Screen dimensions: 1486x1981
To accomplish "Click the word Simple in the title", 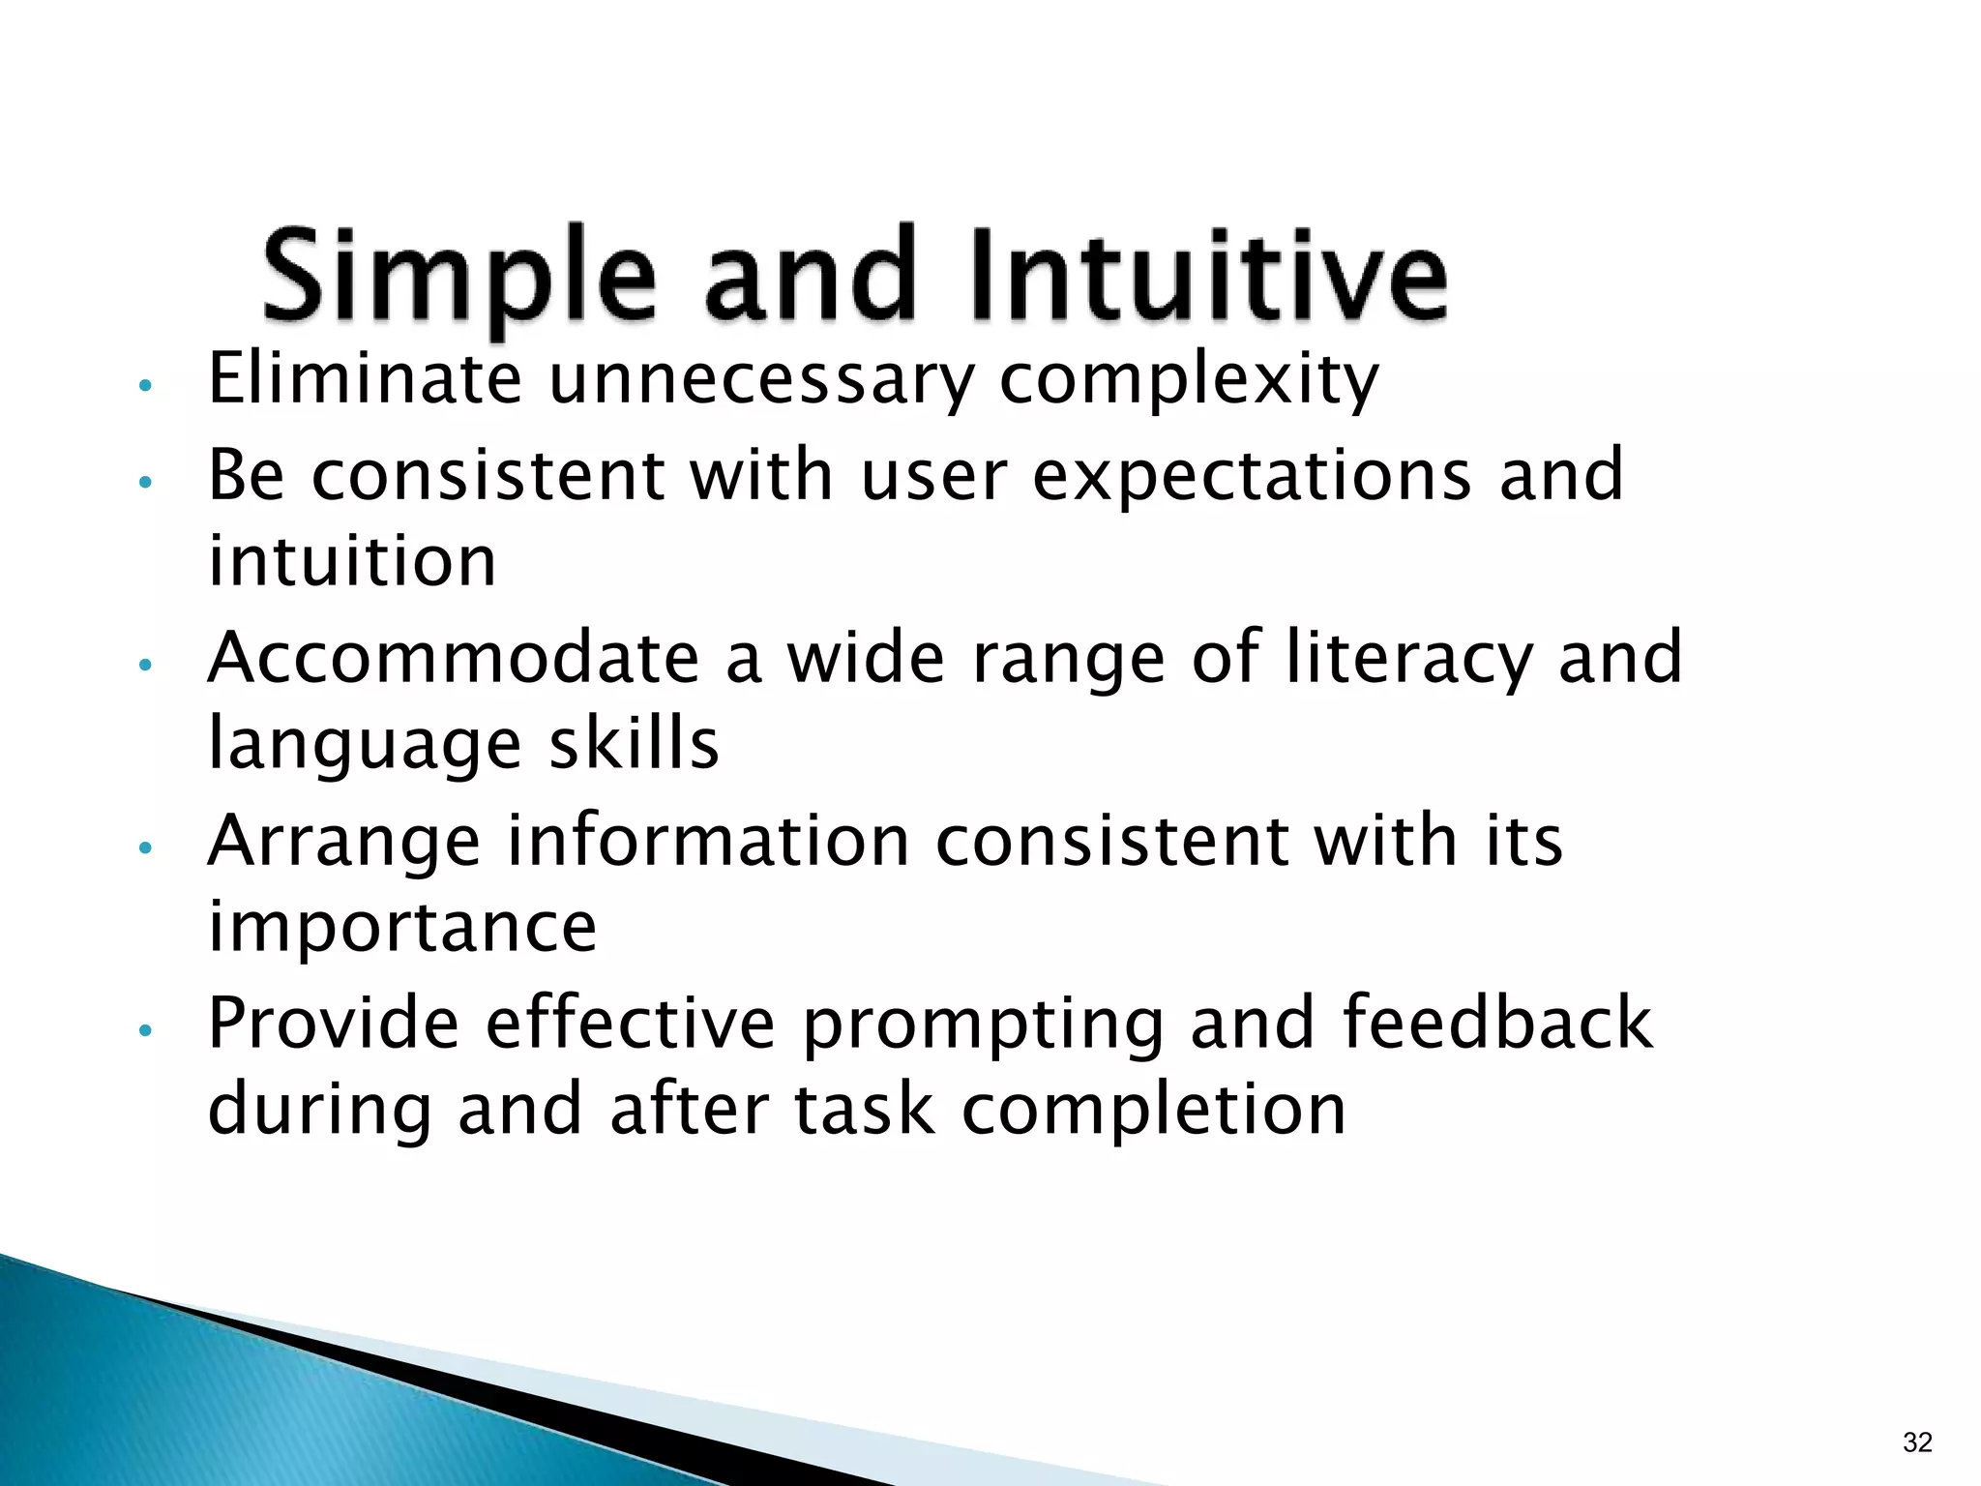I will [x=458, y=276].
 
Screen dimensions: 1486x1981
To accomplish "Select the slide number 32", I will [x=1916, y=1442].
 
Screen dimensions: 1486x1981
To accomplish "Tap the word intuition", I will [x=352, y=561].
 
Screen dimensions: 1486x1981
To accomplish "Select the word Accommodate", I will [x=454, y=658].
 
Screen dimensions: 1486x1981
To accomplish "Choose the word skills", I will [x=635, y=743].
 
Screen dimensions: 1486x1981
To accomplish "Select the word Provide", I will [x=334, y=1023].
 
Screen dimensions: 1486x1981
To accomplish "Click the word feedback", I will [x=1497, y=1023].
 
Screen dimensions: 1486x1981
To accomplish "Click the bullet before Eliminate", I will [x=145, y=386].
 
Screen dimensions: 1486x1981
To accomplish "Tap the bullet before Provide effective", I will [x=145, y=1030].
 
